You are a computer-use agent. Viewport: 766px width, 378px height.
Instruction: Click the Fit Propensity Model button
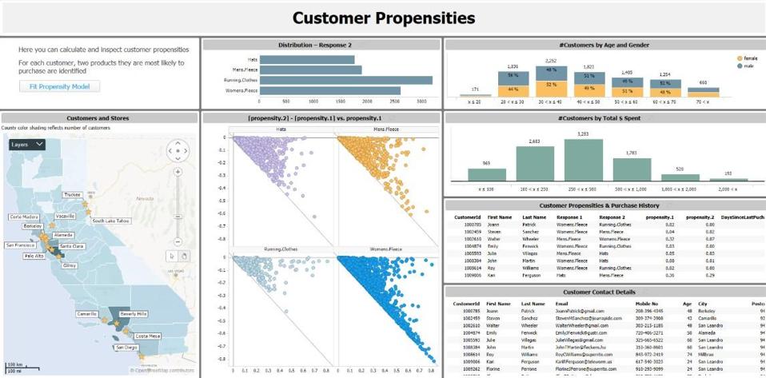coord(60,86)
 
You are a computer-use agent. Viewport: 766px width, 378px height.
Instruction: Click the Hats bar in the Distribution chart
coord(307,59)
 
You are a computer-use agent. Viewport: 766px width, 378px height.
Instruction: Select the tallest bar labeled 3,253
coord(583,160)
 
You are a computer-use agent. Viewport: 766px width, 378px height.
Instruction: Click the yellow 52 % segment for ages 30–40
coord(551,84)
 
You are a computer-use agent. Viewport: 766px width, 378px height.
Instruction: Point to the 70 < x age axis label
coord(703,102)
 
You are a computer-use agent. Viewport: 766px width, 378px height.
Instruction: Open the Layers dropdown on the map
coord(27,145)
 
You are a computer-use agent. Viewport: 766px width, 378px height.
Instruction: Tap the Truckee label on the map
coord(72,194)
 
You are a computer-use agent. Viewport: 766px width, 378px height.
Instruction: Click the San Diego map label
coord(126,348)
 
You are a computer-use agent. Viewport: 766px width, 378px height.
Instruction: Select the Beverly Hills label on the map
coord(134,314)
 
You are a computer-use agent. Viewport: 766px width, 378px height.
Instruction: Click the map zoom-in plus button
coord(178,172)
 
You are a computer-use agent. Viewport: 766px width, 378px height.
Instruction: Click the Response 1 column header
coord(569,217)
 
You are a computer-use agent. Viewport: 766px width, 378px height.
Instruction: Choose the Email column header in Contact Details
coord(561,304)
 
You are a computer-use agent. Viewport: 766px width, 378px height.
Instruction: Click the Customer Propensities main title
coord(383,18)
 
